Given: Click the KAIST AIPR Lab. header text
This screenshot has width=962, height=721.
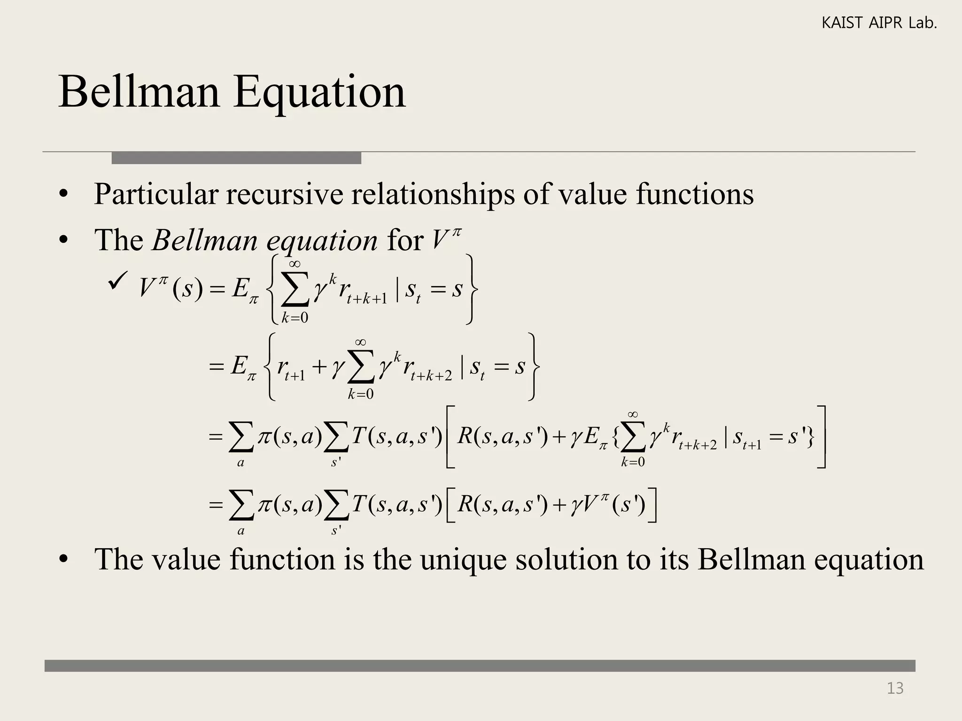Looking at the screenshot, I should (879, 23).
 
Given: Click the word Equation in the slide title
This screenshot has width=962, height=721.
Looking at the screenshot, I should (319, 93).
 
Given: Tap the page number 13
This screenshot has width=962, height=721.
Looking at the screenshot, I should (895, 688).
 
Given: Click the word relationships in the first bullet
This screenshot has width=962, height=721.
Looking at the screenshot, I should (433, 194).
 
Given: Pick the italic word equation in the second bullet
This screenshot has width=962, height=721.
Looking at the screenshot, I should (322, 241).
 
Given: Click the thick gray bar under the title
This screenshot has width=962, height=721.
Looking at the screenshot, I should (236, 158).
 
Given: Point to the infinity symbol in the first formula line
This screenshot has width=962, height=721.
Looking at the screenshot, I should (295, 264).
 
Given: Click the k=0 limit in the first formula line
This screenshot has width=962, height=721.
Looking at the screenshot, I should (295, 318).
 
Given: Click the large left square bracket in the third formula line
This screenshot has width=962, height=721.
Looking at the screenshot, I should (450, 437).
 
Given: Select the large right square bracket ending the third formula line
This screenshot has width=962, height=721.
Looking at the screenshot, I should (822, 437).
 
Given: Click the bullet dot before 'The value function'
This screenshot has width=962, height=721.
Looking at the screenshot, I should (64, 560).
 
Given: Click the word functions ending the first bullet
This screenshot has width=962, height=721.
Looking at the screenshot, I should (695, 194).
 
